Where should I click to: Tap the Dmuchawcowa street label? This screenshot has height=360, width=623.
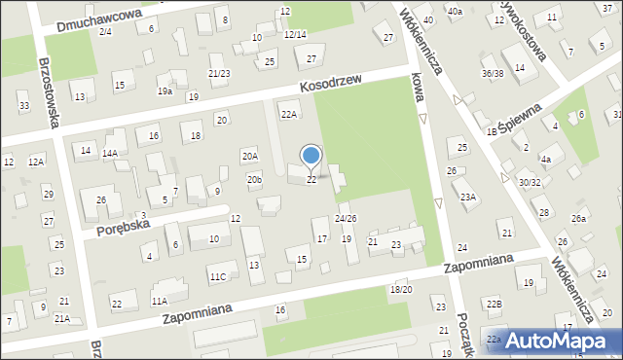pos(100,17)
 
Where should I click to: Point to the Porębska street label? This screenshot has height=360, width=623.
pos(122,227)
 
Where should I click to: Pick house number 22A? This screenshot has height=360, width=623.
pos(289,114)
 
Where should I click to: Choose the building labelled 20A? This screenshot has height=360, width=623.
pos(250,156)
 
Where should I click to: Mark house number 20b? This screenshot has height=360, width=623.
pos(254,180)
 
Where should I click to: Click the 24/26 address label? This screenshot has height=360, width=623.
pos(346,218)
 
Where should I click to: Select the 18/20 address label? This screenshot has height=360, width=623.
pos(400,289)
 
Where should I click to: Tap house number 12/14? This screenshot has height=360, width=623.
pos(295,34)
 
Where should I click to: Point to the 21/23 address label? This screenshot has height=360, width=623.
pos(219,73)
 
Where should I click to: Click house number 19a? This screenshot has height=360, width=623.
pos(165,91)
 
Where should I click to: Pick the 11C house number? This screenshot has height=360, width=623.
pos(217,277)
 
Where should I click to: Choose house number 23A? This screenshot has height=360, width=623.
pos(468,198)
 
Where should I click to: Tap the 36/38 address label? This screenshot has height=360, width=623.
pos(493,73)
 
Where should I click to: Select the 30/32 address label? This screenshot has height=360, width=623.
pos(530,182)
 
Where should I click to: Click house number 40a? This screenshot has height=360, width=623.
pos(455,11)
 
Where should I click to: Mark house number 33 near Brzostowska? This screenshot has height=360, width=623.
pos(23,106)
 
